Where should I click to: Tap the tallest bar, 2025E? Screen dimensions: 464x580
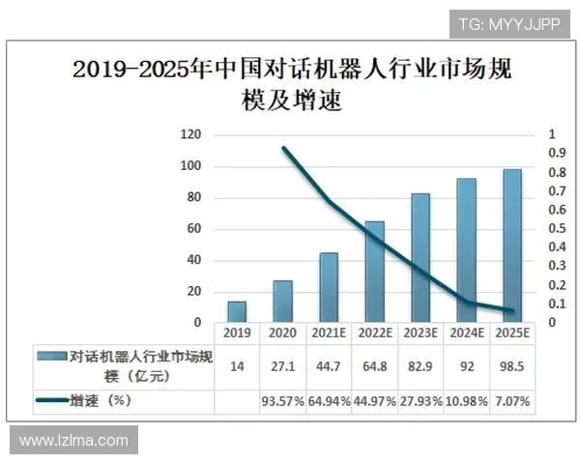click(x=512, y=246)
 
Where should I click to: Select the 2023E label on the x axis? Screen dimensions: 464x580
click(x=420, y=333)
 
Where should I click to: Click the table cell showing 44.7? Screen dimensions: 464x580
click(x=329, y=366)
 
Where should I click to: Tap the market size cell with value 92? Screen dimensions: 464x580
click(x=466, y=366)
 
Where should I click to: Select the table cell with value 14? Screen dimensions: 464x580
click(x=237, y=366)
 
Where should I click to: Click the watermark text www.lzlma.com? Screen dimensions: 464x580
click(x=73, y=441)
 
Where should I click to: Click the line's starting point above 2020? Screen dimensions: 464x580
click(x=283, y=148)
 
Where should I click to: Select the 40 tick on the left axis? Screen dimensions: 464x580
click(x=191, y=260)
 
